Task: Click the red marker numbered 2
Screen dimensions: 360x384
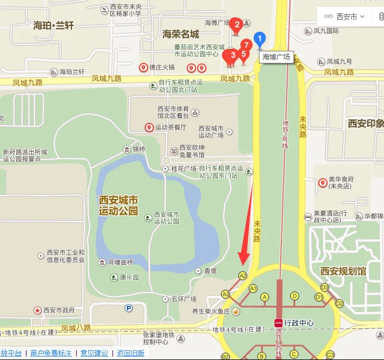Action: point(235,25)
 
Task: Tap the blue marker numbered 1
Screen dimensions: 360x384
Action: point(260,40)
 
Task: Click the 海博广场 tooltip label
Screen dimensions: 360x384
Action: point(277,57)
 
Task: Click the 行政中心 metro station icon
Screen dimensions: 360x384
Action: point(278,323)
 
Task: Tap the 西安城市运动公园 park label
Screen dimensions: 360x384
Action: point(119,205)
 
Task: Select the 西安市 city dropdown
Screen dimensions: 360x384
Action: point(345,17)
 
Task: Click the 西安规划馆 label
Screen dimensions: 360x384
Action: point(342,271)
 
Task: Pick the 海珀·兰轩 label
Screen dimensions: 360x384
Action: point(54,25)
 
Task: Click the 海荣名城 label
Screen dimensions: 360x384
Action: point(180,34)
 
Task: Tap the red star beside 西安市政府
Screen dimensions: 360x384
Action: point(37,310)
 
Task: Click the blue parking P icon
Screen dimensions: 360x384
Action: point(129,308)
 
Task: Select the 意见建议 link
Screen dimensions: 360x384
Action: point(94,353)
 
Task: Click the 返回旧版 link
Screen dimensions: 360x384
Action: point(130,353)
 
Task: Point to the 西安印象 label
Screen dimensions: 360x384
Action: point(366,123)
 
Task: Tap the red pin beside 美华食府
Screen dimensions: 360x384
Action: point(323,183)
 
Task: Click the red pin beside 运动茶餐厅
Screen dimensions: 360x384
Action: point(149,127)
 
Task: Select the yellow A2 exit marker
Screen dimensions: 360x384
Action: point(243,276)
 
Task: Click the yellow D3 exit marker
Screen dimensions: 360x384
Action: point(325,287)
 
